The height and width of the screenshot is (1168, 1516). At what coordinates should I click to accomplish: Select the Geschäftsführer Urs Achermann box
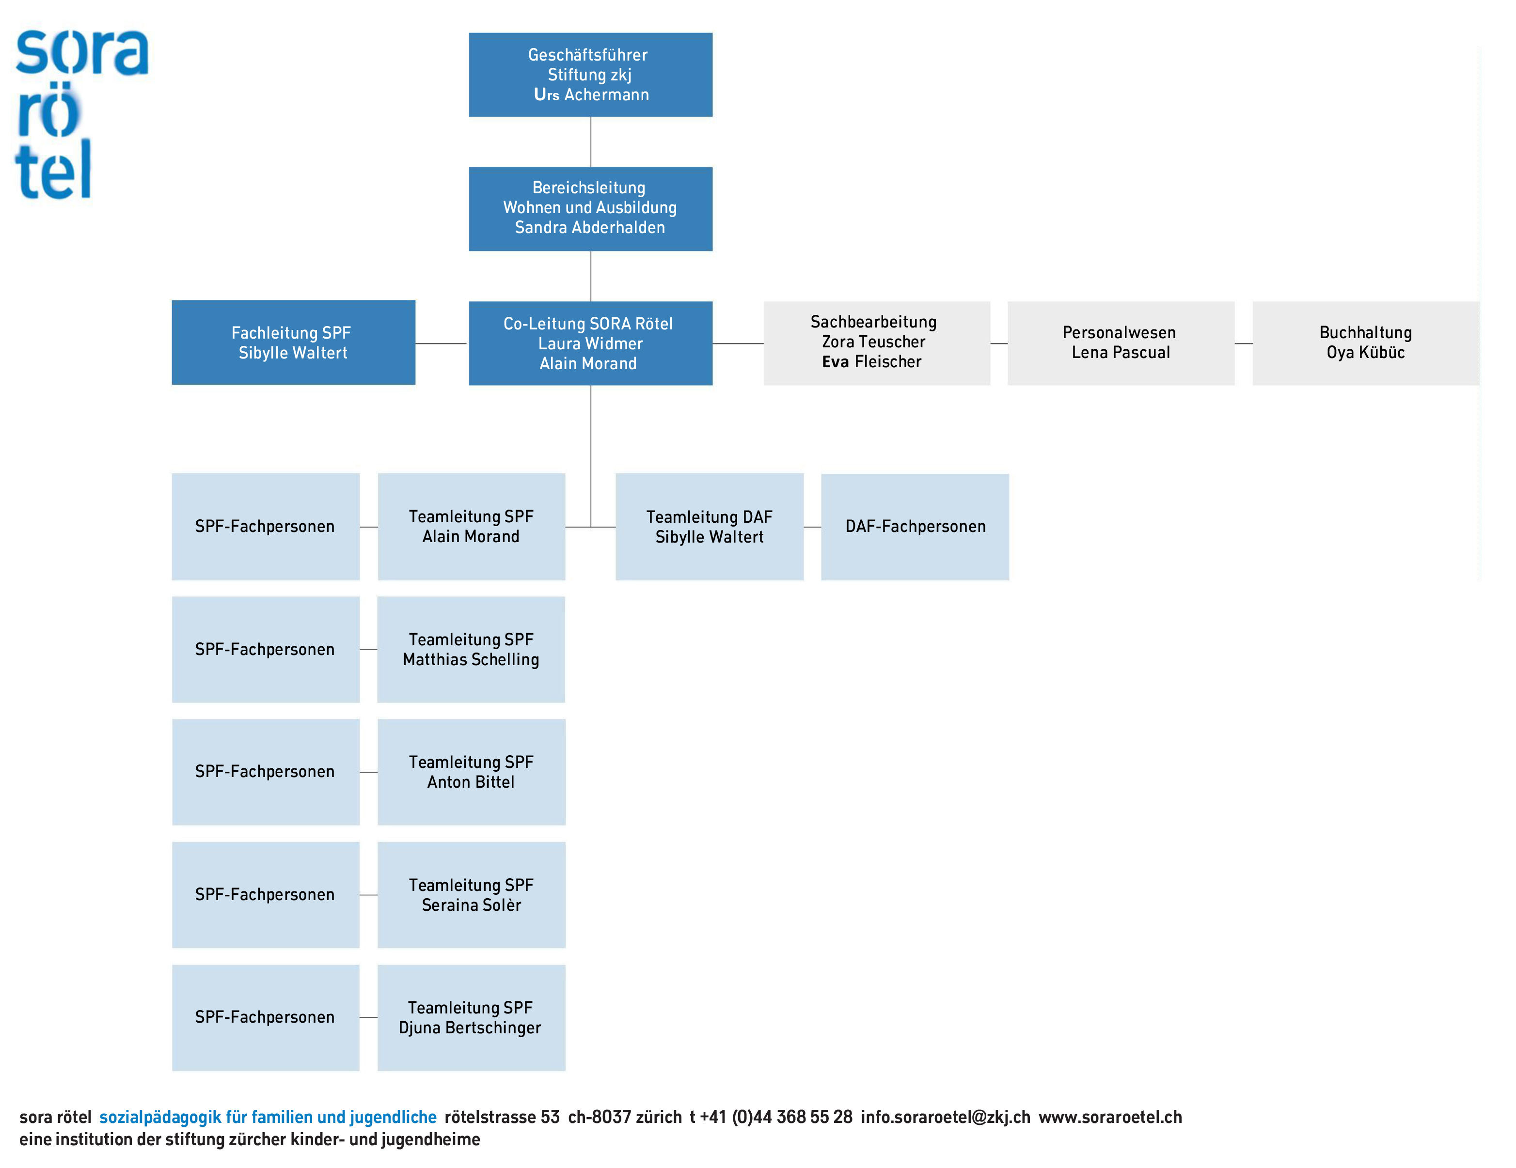tap(591, 75)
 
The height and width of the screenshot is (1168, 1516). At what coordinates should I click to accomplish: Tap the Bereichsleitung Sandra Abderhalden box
tap(591, 209)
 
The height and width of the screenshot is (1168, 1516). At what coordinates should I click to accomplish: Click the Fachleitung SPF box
tap(294, 343)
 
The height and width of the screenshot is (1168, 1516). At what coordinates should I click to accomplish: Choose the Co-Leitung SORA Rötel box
tap(591, 343)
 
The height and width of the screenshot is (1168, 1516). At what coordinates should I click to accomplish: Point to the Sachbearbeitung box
tap(877, 343)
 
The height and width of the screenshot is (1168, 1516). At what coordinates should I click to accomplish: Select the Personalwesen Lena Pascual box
tap(1121, 343)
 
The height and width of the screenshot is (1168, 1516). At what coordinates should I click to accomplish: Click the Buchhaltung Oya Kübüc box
tap(1366, 343)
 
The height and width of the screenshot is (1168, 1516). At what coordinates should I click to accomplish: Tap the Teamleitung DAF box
tap(710, 527)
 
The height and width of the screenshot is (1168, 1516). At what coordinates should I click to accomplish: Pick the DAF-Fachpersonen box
tap(915, 527)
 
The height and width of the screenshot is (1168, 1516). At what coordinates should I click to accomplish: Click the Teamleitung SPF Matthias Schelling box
tap(471, 650)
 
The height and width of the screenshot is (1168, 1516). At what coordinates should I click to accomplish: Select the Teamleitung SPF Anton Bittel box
tap(471, 772)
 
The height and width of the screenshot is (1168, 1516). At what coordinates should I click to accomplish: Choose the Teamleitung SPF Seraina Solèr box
tap(471, 895)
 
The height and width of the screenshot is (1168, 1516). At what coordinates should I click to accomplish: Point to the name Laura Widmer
tap(591, 343)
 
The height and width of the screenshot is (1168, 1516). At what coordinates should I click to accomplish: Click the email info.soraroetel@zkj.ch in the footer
tap(946, 1117)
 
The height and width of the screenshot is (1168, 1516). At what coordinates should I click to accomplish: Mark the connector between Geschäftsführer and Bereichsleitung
tap(591, 141)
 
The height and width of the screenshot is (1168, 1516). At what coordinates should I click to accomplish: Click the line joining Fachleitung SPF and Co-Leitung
tap(442, 343)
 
